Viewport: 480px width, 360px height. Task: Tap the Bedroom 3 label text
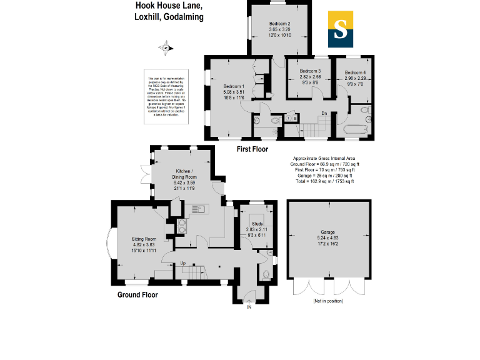[310, 71]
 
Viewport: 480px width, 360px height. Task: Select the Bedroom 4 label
[355, 72]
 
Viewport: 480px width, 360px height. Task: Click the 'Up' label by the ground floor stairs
[183, 262]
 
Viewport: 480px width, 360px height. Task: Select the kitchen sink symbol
[198, 209]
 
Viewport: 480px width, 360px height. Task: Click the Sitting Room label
[142, 239]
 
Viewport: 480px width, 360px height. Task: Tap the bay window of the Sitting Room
[111, 243]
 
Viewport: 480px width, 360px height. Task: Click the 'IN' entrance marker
[249, 307]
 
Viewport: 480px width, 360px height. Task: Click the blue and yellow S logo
[341, 29]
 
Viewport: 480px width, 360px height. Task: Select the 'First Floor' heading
[252, 149]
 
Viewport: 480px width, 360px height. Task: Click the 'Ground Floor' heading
[137, 294]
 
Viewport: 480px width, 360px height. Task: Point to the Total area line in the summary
[324, 182]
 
